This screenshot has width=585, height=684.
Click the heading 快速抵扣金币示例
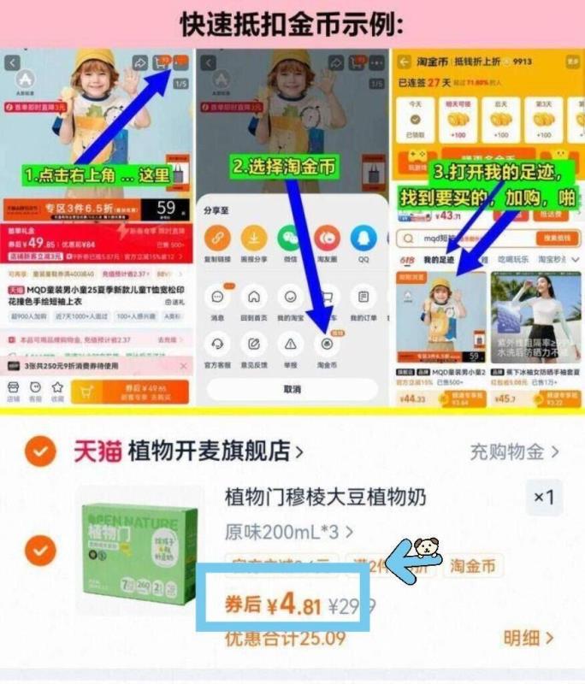[x=292, y=24]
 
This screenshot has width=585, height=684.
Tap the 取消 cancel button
[x=292, y=389]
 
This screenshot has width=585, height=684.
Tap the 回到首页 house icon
[x=254, y=298]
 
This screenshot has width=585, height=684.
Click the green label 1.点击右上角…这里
[x=96, y=176]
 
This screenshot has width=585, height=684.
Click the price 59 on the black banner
[x=166, y=208]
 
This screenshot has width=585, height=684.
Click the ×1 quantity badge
[x=544, y=497]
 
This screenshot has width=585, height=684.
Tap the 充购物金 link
[x=513, y=451]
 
